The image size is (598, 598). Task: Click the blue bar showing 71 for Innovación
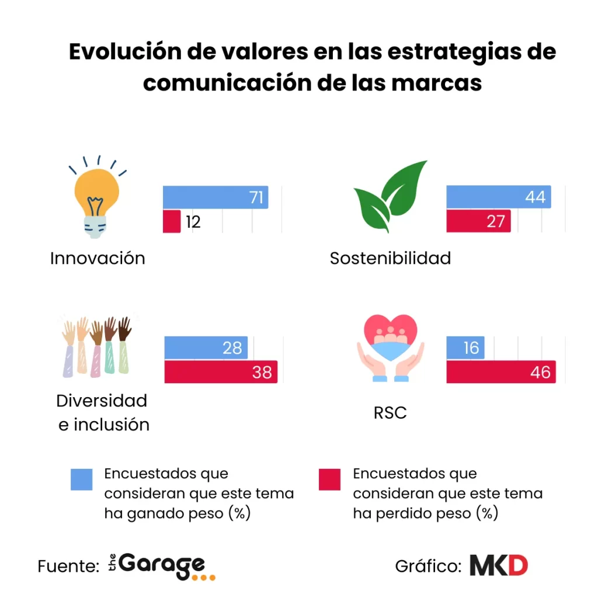(215, 197)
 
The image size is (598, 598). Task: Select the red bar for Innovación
(172, 221)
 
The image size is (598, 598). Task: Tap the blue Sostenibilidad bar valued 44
(498, 197)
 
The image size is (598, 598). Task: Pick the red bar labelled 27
(478, 221)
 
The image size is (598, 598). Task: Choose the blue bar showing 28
(206, 347)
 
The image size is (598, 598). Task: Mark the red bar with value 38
(220, 371)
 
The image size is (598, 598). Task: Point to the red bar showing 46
(500, 371)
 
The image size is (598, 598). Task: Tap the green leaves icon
(392, 197)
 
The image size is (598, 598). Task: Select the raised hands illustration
(97, 346)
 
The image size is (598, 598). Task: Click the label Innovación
(98, 258)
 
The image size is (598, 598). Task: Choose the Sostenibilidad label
(390, 258)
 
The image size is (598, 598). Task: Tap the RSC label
(390, 413)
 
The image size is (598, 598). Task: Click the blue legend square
(81, 479)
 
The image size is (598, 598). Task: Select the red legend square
(329, 479)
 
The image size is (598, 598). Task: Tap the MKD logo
(499, 565)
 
